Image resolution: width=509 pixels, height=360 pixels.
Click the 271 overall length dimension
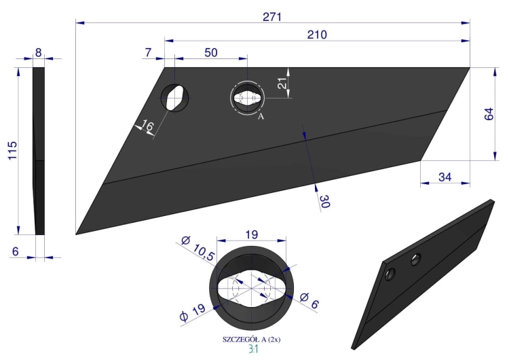click(x=272, y=17)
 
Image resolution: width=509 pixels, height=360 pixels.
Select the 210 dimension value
click(x=317, y=35)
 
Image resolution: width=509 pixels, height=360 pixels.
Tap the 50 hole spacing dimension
click(x=211, y=52)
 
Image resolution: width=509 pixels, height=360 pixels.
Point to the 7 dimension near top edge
click(x=148, y=52)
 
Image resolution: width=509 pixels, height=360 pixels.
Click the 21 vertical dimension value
click(x=283, y=83)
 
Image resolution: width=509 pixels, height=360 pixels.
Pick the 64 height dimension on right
click(x=489, y=114)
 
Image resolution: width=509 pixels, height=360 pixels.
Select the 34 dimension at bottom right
click(x=445, y=177)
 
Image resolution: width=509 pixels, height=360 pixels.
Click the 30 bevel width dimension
click(x=324, y=202)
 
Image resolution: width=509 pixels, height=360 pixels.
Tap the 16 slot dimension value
click(x=147, y=126)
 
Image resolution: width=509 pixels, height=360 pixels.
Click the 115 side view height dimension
click(x=12, y=150)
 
